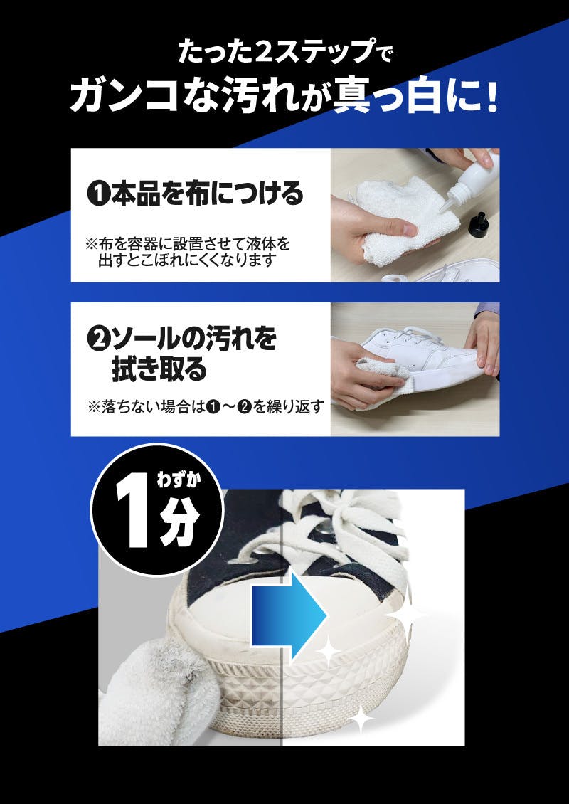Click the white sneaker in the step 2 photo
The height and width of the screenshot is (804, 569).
pos(420,354)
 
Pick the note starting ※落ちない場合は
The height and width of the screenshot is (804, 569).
pos(206,407)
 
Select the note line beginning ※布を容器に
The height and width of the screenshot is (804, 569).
pos(188,243)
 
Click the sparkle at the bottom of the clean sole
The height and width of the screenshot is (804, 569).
pos(362,718)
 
